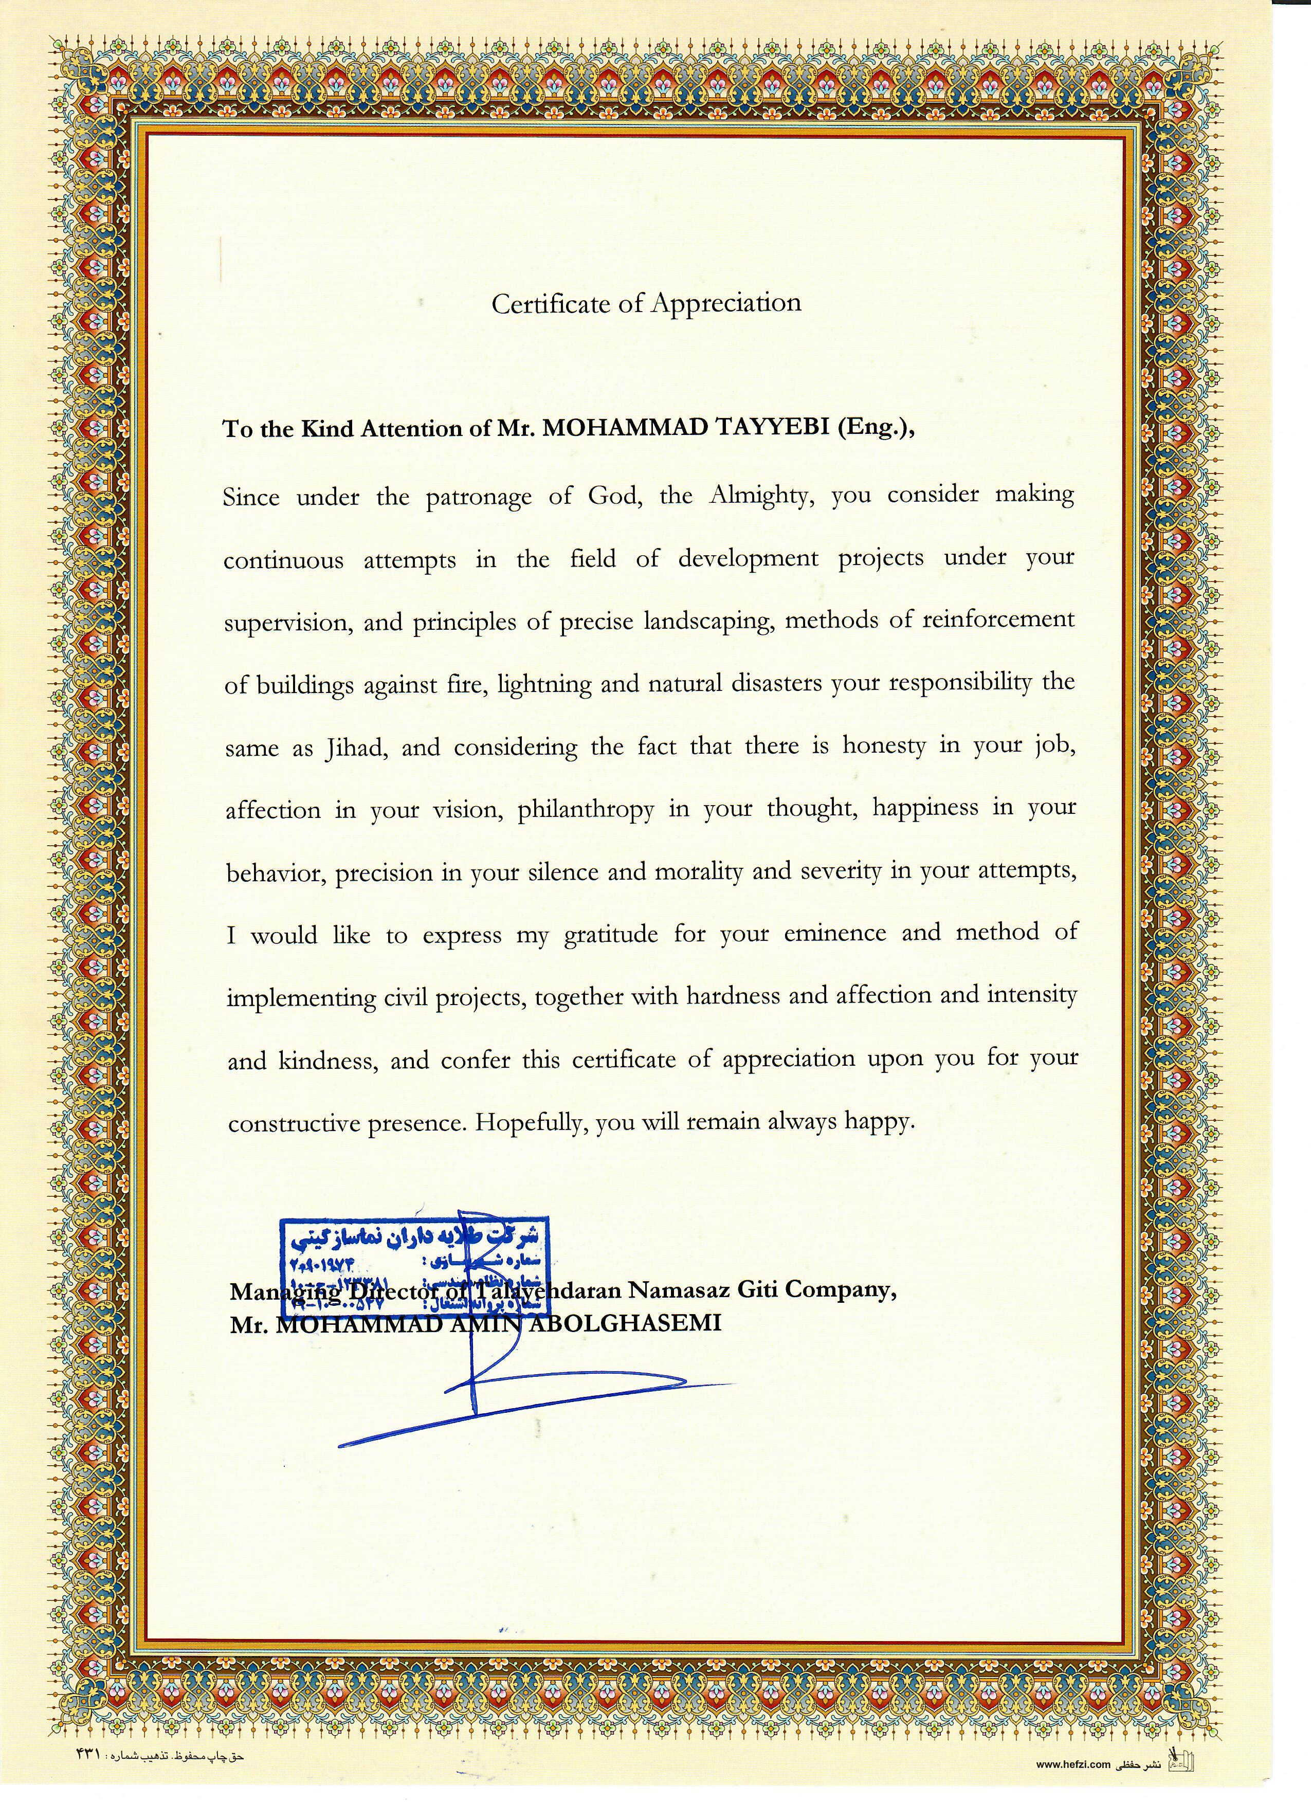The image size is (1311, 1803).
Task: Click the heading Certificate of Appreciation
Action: pos(646,303)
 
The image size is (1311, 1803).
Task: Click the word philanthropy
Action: pos(586,810)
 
